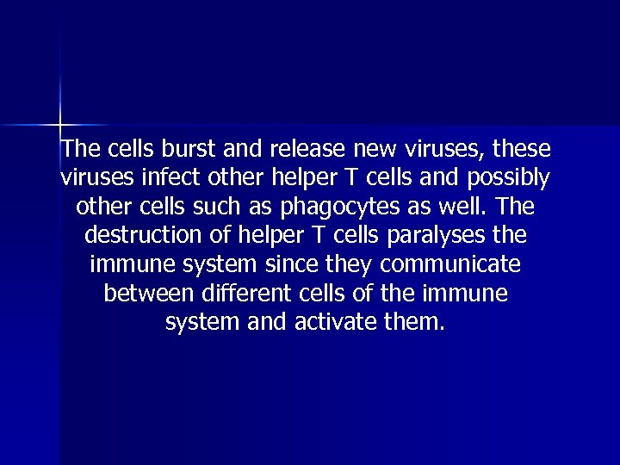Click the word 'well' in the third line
click(452, 208)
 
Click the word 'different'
click(245, 294)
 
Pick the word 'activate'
click(352, 323)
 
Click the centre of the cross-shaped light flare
click(60, 125)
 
